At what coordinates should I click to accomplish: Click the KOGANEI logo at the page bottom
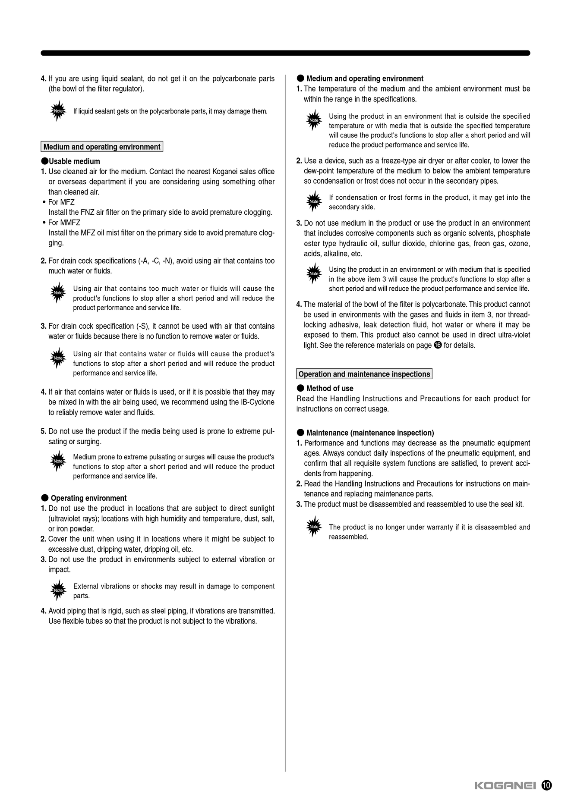click(x=505, y=785)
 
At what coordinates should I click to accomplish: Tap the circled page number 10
click(x=546, y=785)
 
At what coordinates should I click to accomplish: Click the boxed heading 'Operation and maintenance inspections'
click(x=364, y=374)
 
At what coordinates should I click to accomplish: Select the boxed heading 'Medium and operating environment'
click(x=102, y=147)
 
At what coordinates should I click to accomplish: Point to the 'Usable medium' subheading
click(x=74, y=161)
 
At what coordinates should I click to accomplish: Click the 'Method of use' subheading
click(x=329, y=388)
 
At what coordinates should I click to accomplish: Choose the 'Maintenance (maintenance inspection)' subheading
click(x=370, y=433)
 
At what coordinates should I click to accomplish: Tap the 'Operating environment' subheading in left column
click(x=88, y=498)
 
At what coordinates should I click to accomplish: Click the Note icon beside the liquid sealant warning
click(x=58, y=111)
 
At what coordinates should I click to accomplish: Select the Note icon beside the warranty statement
click(x=314, y=527)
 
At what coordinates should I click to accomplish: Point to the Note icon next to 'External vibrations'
click(x=58, y=590)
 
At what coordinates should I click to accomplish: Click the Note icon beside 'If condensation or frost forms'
click(x=314, y=201)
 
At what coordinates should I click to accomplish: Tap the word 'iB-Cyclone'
click(x=258, y=402)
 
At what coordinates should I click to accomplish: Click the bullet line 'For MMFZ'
click(x=64, y=223)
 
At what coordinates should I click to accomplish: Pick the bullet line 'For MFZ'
click(x=61, y=202)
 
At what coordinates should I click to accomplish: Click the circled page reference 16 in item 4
click(x=438, y=345)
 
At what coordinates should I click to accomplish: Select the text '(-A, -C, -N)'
click(x=156, y=261)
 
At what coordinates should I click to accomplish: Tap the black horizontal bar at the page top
click(x=285, y=53)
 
